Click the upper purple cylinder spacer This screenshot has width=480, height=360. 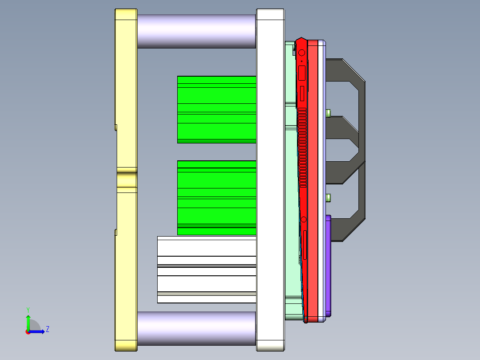[196, 31]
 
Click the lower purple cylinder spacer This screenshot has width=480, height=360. [196, 328]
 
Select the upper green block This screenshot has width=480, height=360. [216, 109]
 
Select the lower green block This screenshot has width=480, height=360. [216, 197]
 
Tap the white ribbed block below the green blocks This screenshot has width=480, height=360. [207, 270]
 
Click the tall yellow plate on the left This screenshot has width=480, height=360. [126, 89]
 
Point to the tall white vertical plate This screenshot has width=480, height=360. [270, 178]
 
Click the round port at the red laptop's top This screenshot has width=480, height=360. [302, 53]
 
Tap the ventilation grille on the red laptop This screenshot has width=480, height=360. [303, 147]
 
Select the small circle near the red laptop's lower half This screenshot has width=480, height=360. [304, 219]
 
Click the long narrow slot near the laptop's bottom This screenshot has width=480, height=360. [305, 244]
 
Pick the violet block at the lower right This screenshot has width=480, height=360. [328, 266]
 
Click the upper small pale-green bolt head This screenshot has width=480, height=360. [329, 113]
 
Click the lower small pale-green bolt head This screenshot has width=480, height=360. [329, 197]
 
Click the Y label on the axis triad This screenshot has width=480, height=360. [28, 310]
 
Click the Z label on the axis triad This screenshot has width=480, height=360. [47, 329]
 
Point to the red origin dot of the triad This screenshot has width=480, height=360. [28, 332]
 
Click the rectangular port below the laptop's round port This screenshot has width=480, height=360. [301, 73]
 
